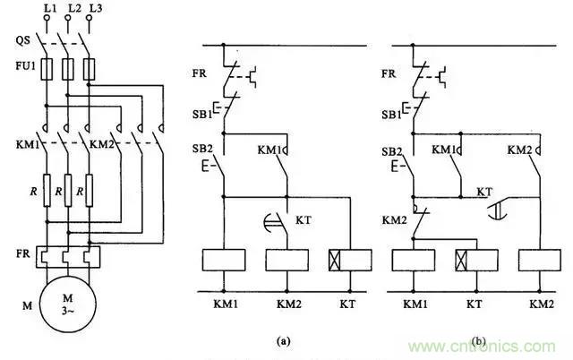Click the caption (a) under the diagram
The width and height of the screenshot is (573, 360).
click(283, 341)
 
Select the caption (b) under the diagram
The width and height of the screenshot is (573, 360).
click(482, 341)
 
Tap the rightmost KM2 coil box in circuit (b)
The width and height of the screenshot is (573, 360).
click(538, 260)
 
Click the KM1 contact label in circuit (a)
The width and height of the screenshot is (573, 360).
click(269, 150)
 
